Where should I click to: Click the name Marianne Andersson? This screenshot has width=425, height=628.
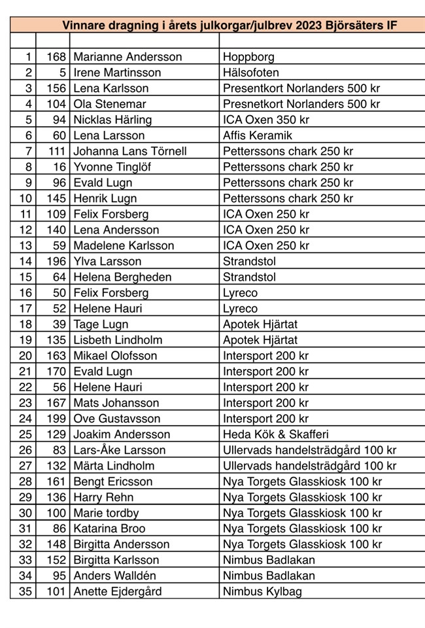coord(127,57)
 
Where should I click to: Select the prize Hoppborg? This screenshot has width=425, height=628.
coord(248,57)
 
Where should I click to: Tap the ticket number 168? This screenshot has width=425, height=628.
coord(56,57)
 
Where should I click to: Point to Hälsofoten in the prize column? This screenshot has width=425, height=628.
coord(251,73)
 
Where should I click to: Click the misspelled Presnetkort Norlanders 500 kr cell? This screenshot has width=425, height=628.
coord(301,104)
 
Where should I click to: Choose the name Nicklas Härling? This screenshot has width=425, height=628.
coord(112,120)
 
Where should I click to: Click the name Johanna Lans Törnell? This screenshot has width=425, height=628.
coord(130,151)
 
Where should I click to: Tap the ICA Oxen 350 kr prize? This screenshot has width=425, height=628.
coord(266,120)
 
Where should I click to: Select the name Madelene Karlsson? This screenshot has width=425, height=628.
coord(124,245)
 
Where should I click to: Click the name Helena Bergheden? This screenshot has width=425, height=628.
coord(122,277)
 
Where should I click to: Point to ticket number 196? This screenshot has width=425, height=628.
coord(56,261)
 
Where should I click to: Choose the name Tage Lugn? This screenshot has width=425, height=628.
coord(101,324)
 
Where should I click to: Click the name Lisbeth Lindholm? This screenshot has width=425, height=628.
coord(118,340)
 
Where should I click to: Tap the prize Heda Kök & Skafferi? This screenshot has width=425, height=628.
coord(275,434)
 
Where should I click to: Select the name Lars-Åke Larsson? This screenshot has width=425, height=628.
coord(120,449)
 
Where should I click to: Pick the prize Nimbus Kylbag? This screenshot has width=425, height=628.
coord(262,591)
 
